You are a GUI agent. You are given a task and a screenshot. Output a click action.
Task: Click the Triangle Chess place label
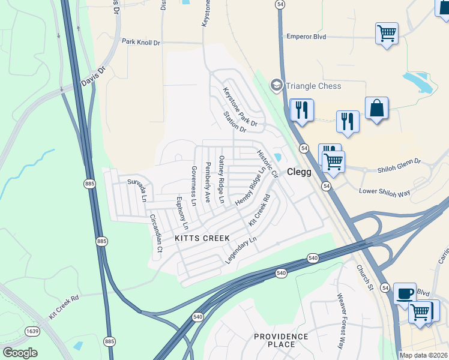[313, 86]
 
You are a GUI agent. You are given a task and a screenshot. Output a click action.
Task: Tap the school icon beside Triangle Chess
[276, 85]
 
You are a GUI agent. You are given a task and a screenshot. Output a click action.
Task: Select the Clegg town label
[299, 172]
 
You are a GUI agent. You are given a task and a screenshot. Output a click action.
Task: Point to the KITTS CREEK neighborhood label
[202, 238]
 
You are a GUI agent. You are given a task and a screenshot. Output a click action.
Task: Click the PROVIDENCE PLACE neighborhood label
[282, 340]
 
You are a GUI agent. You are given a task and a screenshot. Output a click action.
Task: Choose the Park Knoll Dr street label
[141, 42]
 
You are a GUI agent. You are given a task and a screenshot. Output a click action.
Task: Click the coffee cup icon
[405, 293]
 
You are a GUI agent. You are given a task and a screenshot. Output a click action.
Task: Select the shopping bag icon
[376, 108]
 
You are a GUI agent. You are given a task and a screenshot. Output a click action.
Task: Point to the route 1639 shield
[32, 331]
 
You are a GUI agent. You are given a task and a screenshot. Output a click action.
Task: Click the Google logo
[20, 352]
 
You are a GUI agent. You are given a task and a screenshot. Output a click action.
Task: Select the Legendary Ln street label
[241, 250]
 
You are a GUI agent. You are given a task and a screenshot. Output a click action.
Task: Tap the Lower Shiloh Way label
[384, 192]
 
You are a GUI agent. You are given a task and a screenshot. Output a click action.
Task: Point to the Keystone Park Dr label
[240, 108]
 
